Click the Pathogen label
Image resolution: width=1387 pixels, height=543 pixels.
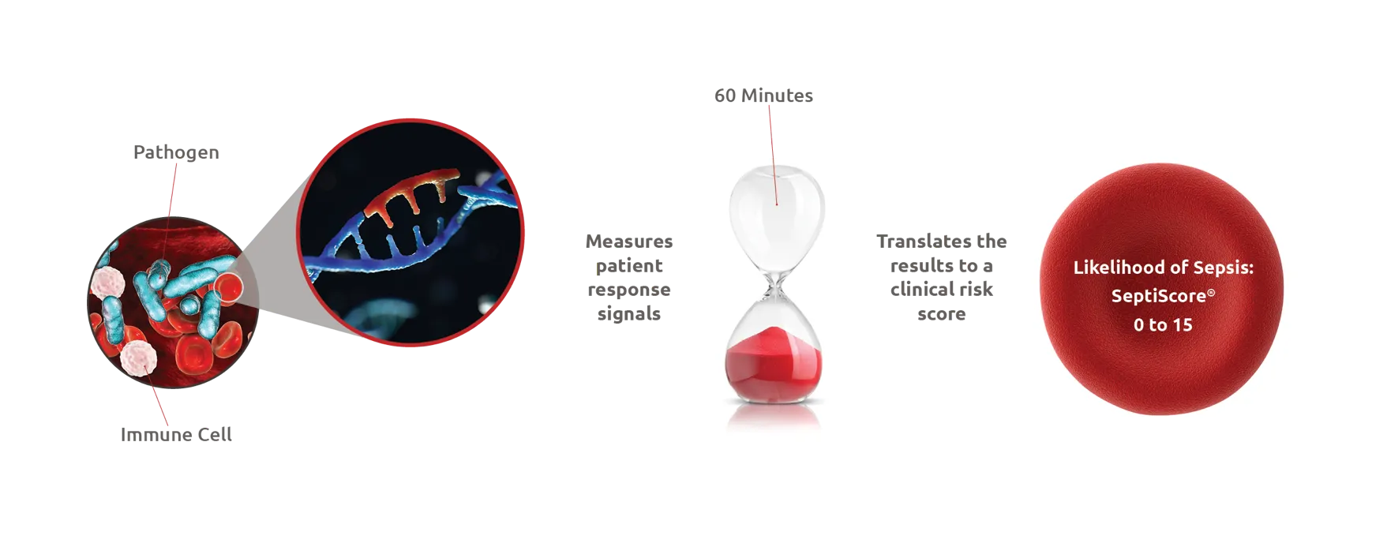pyautogui.click(x=176, y=152)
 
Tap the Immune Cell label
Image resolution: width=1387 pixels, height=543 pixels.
pyautogui.click(x=176, y=435)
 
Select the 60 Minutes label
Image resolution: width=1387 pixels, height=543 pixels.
pyautogui.click(x=763, y=95)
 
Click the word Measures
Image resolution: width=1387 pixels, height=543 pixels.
pyautogui.click(x=629, y=242)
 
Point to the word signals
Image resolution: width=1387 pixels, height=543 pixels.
pyautogui.click(x=629, y=314)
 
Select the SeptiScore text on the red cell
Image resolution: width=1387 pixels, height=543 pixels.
pyautogui.click(x=1158, y=296)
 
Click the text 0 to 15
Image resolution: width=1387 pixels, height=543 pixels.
pyautogui.click(x=1163, y=325)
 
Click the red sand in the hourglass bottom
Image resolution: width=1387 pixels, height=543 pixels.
pyautogui.click(x=774, y=366)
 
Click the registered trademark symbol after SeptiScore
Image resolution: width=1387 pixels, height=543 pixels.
pyautogui.click(x=1211, y=293)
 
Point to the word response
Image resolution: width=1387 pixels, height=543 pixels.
pyautogui.click(x=629, y=290)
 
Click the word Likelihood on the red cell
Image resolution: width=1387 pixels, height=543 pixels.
pyautogui.click(x=1119, y=268)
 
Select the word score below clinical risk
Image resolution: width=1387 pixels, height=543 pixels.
pyautogui.click(x=941, y=314)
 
